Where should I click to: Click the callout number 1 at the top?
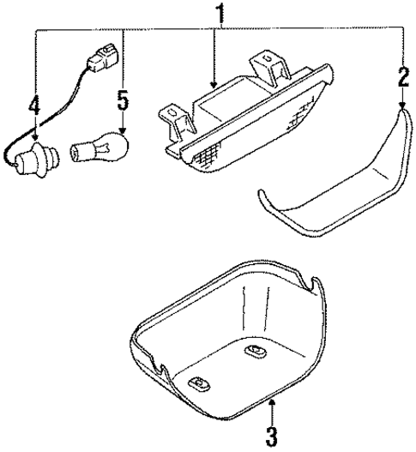220,15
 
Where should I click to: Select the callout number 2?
403,80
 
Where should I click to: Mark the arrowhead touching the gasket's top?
402,106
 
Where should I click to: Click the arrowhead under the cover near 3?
271,401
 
